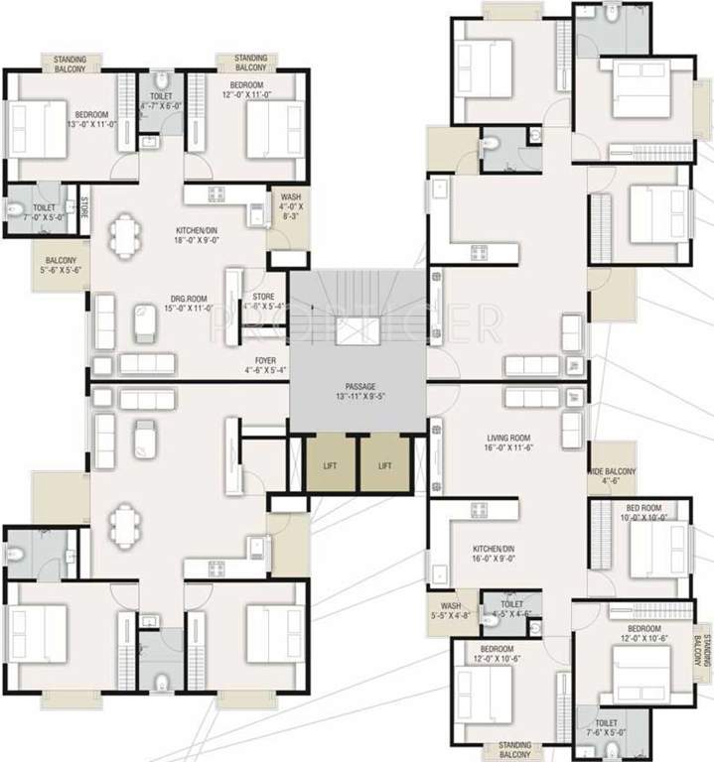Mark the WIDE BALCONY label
click(x=613, y=476)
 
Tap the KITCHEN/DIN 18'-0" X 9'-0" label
click(x=202, y=232)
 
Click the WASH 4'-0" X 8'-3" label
click(x=290, y=204)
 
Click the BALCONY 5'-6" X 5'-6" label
click(x=60, y=263)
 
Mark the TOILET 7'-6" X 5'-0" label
click(x=606, y=728)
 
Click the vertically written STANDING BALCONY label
click(x=702, y=652)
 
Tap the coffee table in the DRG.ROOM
click(x=145, y=320)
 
